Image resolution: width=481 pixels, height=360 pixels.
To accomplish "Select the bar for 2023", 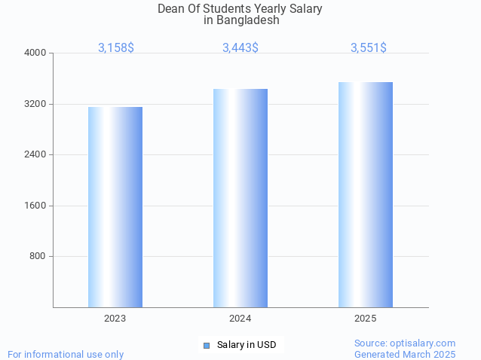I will click(x=115, y=207).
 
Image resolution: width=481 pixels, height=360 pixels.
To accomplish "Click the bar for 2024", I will click(x=240, y=198).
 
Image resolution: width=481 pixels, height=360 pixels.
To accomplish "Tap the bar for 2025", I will click(x=366, y=194).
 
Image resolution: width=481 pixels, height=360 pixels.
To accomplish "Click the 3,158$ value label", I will click(x=116, y=47).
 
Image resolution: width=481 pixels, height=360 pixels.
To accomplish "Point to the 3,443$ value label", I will click(x=240, y=47).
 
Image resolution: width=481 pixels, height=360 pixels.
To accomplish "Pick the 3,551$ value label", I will click(x=369, y=47).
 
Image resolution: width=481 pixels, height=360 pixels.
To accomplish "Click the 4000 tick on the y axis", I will click(x=36, y=53).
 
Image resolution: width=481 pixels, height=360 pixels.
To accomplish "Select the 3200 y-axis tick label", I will click(x=36, y=104).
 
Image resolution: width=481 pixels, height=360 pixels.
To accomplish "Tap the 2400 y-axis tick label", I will click(x=36, y=154).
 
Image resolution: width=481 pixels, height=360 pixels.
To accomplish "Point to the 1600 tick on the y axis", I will click(x=36, y=206).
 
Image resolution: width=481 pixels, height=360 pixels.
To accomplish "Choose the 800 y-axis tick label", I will click(x=38, y=256).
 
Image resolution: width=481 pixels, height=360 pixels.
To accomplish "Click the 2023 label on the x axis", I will click(x=115, y=319).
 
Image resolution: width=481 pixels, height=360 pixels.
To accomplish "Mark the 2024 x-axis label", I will click(x=240, y=319).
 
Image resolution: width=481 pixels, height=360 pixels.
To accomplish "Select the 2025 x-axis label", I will click(x=366, y=319).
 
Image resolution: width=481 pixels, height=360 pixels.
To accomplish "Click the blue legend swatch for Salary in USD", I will click(x=207, y=345).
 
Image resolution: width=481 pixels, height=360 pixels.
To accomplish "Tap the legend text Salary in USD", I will click(x=247, y=345).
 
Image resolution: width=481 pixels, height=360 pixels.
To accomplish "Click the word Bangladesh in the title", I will click(x=247, y=20).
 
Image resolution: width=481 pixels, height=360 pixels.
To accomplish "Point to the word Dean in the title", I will click(x=171, y=8).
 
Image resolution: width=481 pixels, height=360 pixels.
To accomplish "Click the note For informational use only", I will click(x=66, y=354).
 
